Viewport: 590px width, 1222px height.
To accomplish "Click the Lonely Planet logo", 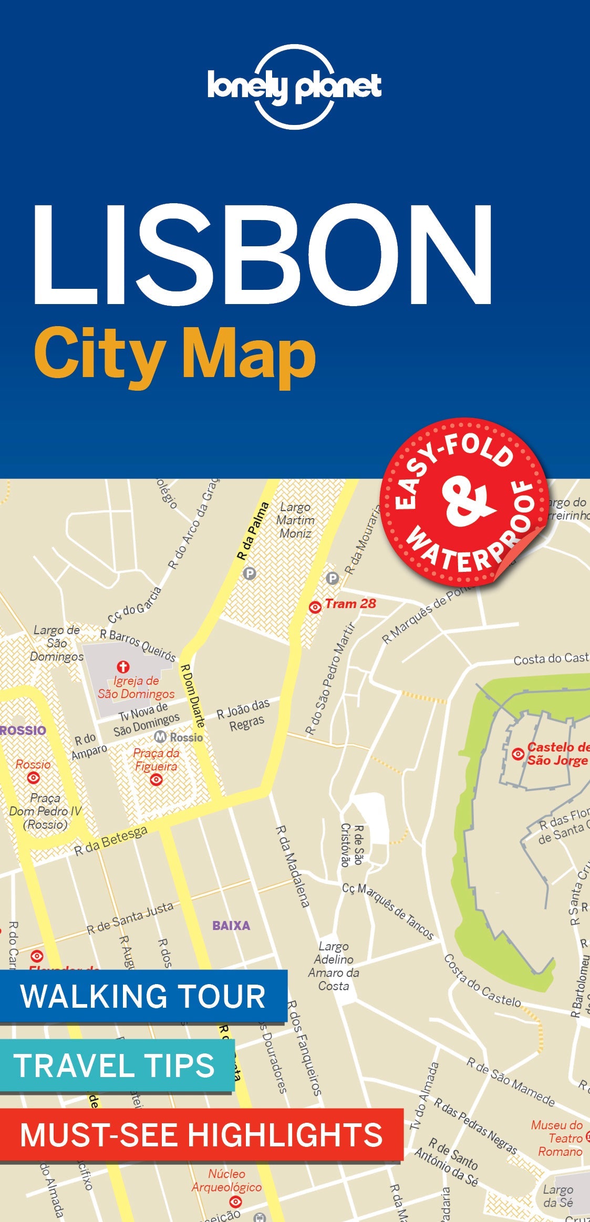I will (294, 87).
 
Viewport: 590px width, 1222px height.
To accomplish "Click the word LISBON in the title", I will (263, 255).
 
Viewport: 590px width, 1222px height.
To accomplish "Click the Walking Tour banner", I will (143, 996).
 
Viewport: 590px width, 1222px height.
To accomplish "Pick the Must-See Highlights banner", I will (201, 1134).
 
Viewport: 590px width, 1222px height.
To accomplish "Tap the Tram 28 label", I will (350, 604).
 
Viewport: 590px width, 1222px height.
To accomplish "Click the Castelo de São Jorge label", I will (557, 754).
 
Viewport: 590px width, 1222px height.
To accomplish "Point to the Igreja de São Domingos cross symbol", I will (123, 667).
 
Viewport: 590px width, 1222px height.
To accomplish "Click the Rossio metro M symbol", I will (160, 737).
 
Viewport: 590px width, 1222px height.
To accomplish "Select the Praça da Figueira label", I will (156, 759).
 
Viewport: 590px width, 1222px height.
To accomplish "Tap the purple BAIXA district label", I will (231, 925).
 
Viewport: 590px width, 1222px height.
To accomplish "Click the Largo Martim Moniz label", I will (295, 520).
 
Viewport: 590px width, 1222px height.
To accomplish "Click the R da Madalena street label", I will (293, 866).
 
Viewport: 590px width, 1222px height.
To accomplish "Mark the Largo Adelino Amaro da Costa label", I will (334, 966).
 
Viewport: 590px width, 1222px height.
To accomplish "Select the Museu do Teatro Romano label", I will (558, 1138).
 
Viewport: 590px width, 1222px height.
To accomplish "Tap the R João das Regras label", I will (244, 715).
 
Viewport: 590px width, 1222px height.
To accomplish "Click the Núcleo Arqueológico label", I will (226, 1180).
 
